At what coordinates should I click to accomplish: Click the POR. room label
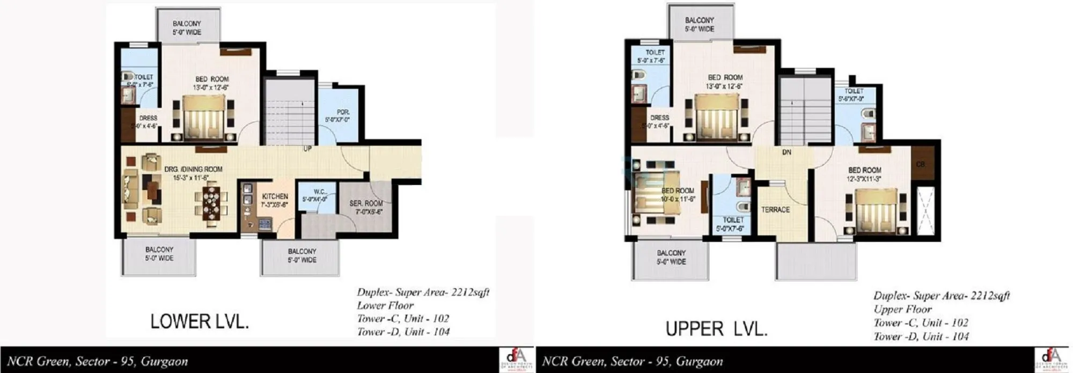point(343,112)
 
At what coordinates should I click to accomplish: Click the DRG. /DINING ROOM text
point(193,169)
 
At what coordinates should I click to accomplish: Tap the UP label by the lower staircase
point(307,149)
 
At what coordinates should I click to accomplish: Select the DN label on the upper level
point(787,152)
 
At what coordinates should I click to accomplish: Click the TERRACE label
point(775,210)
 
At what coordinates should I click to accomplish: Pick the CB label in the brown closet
point(921,164)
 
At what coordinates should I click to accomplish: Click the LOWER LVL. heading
point(200,321)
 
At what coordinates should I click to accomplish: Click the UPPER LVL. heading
point(717,328)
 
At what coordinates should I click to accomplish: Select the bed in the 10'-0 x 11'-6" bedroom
point(655,196)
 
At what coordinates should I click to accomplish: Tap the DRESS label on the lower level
point(148,118)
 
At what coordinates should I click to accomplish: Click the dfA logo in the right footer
point(1052,359)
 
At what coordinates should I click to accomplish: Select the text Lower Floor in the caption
point(385,305)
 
